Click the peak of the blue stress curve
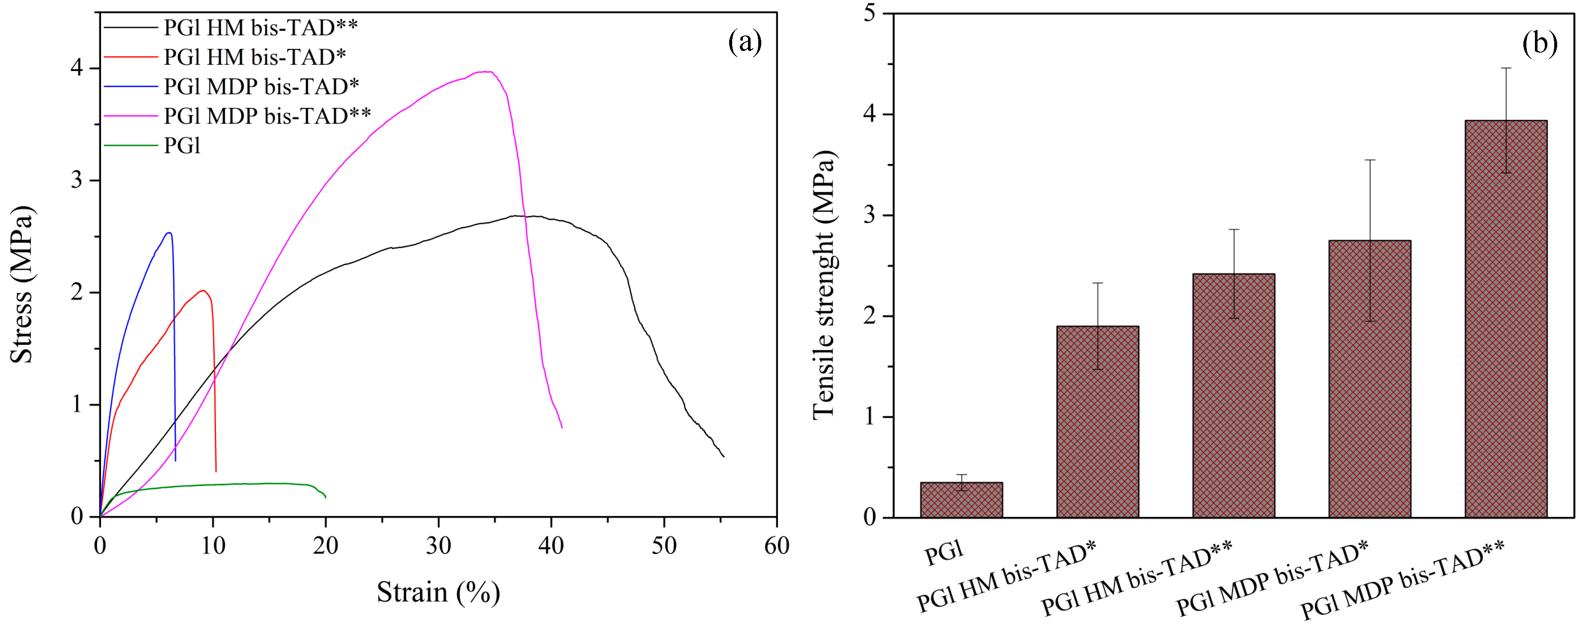coord(168,233)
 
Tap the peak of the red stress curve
coord(202,290)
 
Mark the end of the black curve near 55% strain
coord(723,456)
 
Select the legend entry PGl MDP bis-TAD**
coord(267,116)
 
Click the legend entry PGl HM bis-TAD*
coord(254,57)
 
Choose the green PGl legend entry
coord(182,146)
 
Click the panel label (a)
coord(745,42)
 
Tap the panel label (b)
coord(1539,43)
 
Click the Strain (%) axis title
coord(438,592)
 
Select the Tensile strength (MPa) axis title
coord(824,285)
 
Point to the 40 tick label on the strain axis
coord(551,546)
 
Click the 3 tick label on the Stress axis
coord(77,180)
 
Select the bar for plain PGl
coord(961,500)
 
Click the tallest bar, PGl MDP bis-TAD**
coord(1505,319)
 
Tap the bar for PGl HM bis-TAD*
coord(1097,421)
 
